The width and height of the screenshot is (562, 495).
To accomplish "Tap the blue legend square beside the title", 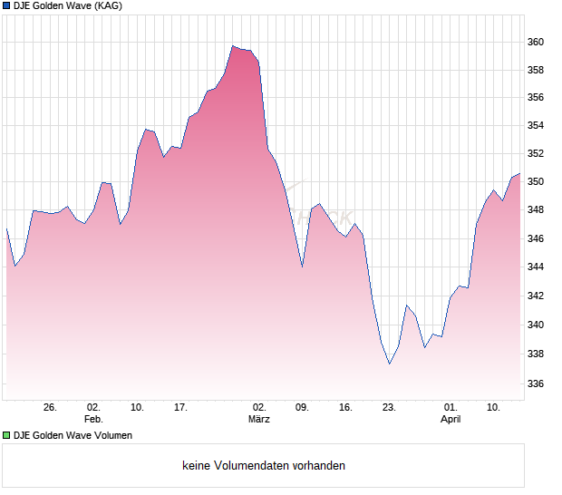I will tap(6, 5).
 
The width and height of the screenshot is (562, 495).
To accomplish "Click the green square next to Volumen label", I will tap(6, 435).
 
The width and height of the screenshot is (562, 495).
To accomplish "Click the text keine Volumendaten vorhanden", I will tap(264, 466).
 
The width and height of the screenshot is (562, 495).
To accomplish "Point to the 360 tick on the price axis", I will tap(536, 42).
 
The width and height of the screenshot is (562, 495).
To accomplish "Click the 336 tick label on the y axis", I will tap(536, 383).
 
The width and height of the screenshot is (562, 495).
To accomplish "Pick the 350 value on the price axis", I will tap(536, 181).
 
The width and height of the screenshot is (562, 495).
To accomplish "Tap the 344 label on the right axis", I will tap(536, 267).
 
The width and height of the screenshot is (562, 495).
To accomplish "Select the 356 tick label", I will tap(536, 97).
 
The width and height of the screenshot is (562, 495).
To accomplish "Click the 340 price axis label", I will tap(536, 325).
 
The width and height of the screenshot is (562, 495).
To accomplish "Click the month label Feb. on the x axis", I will tap(93, 420).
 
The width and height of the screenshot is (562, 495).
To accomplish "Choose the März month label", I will tap(259, 420).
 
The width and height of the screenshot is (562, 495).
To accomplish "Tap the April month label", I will tap(451, 420).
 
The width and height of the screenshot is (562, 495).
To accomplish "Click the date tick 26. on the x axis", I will tap(51, 407).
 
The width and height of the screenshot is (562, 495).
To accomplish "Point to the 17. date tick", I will tap(180, 407).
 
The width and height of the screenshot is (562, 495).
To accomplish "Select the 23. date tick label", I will tap(389, 407).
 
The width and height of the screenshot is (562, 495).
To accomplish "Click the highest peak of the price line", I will tap(233, 45).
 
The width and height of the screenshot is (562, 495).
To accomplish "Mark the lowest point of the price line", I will tap(390, 364).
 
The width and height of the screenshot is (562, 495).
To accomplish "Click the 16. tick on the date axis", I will tap(345, 407).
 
